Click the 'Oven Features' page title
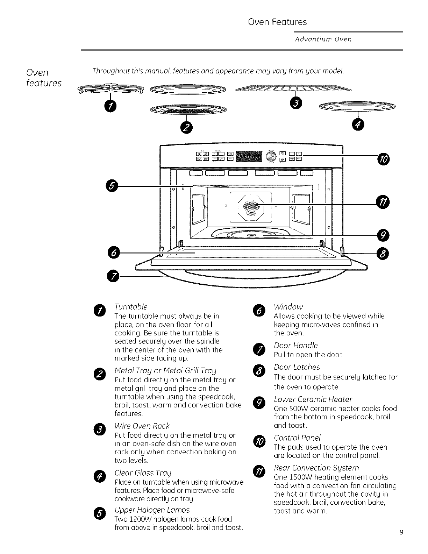[277, 22]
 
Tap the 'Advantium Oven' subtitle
[323, 39]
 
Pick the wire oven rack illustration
[293, 89]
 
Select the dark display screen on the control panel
[249, 157]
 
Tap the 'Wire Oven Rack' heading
[142, 426]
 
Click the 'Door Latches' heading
[297, 367]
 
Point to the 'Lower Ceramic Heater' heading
[313, 399]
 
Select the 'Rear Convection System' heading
[316, 468]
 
